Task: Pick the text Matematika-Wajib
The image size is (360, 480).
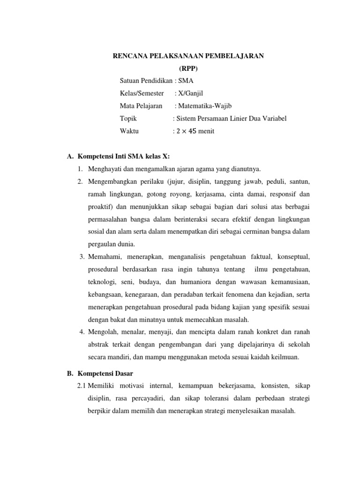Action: [x=203, y=106]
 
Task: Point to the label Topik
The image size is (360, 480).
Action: [x=128, y=119]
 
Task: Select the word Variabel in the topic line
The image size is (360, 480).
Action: [x=274, y=119]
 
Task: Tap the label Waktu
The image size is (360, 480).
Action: [x=129, y=131]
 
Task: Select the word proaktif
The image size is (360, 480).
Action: [x=100, y=206]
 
